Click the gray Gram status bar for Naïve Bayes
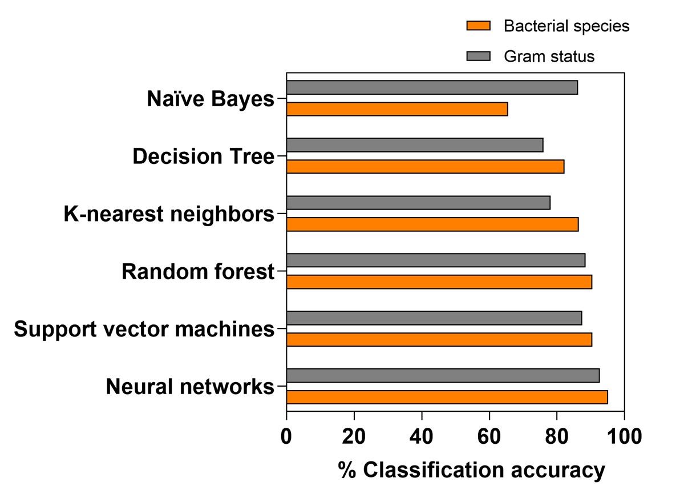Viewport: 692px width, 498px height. click(432, 87)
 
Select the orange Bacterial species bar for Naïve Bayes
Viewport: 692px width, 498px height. click(397, 109)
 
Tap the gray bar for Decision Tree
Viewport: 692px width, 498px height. click(415, 145)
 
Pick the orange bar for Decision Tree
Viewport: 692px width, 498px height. click(425, 167)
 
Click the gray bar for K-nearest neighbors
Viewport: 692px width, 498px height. click(418, 203)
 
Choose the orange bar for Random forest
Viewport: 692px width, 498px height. click(439, 282)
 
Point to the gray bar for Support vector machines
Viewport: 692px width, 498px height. click(434, 318)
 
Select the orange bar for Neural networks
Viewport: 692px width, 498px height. click(447, 397)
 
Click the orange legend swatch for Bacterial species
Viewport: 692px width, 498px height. click(478, 26)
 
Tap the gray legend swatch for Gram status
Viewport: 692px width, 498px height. click(478, 56)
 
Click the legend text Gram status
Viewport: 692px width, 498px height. click(549, 57)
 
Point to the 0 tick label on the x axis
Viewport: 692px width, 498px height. click(286, 437)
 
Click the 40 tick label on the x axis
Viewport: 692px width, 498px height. click(422, 437)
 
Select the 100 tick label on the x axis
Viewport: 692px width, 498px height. click(625, 437)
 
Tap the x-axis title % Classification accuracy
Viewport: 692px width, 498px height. click(471, 471)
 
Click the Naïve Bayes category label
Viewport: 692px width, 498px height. click(211, 99)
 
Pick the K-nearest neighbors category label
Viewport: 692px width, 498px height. click(169, 214)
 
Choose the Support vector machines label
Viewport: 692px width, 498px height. click(144, 329)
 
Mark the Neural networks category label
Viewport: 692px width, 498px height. click(191, 387)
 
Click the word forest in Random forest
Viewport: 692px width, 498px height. click(244, 271)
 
